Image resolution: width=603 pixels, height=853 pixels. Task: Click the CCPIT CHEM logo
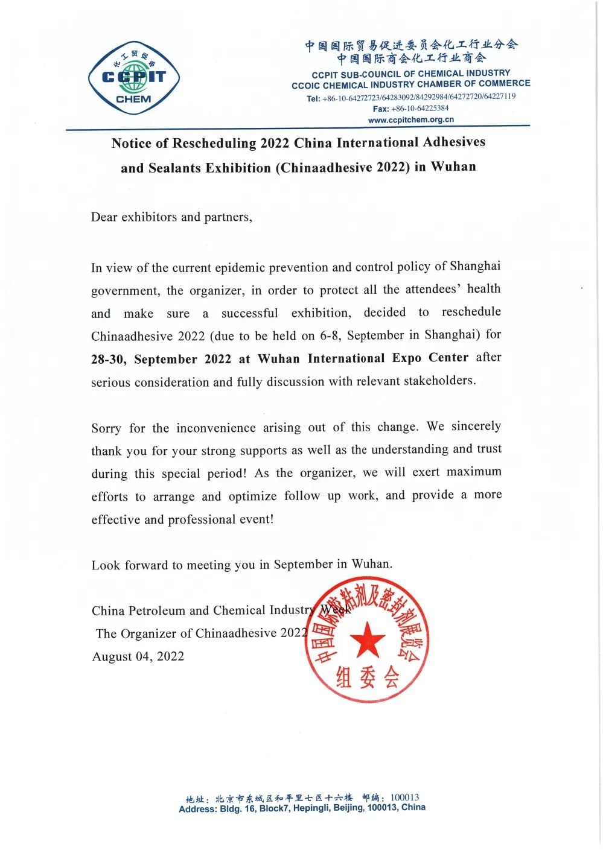(x=134, y=78)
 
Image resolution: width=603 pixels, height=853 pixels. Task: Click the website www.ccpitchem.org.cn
(x=410, y=119)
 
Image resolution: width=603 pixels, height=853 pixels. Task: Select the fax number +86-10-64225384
(x=420, y=109)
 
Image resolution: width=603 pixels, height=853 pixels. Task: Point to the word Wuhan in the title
(x=453, y=166)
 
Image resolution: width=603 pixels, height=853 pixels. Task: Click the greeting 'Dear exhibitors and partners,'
(x=171, y=217)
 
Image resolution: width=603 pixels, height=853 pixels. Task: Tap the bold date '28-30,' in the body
(x=109, y=360)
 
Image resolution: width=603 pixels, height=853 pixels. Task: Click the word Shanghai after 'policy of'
(x=475, y=266)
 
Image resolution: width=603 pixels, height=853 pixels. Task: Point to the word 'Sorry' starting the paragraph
(x=106, y=428)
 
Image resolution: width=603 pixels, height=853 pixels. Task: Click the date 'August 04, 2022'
(x=138, y=656)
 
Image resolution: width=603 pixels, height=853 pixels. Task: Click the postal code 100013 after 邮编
(x=404, y=798)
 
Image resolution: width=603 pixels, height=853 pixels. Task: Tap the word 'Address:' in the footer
(x=197, y=809)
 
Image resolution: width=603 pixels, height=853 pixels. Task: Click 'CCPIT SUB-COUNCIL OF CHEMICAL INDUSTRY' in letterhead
(x=410, y=74)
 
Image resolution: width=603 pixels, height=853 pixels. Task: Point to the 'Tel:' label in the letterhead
(x=313, y=98)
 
